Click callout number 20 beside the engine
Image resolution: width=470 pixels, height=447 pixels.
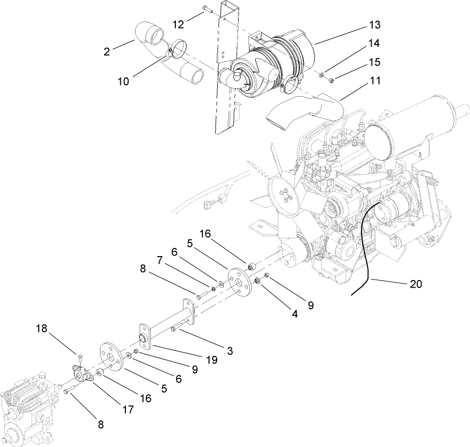tap(416, 285)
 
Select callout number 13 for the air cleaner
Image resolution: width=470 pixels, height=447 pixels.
tap(375, 25)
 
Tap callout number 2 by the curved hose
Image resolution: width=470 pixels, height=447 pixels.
tap(107, 51)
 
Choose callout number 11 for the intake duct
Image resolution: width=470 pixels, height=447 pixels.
tap(375, 81)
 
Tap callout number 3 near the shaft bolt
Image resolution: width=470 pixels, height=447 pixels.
tap(230, 351)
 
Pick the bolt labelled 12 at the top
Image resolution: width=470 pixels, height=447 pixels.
tap(205, 8)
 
